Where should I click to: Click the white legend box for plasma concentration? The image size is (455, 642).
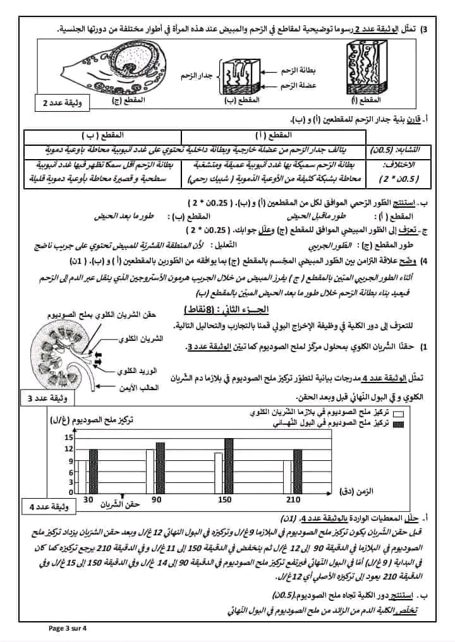click(x=399, y=413)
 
